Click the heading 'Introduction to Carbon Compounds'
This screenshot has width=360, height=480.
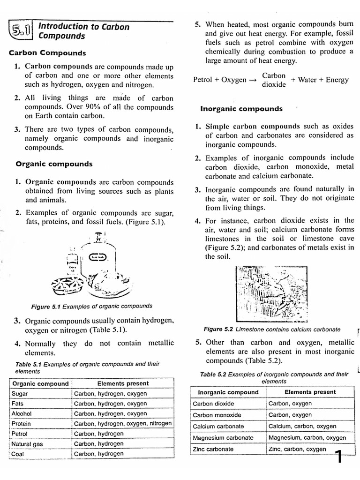tap(83, 31)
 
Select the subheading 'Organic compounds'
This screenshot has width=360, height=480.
tap(54, 164)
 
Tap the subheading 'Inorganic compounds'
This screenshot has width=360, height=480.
tap(241, 109)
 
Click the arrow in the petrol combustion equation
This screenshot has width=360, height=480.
tap(253, 80)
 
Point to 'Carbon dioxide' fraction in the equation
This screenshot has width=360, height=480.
tap(274, 80)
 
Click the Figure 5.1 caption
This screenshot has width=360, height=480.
tap(91, 306)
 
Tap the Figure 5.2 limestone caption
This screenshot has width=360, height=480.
tap(272, 330)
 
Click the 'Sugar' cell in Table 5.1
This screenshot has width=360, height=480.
tap(20, 394)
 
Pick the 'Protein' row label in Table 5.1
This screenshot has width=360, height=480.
tap(22, 424)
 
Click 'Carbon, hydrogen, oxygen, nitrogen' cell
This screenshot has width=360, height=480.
tap(123, 424)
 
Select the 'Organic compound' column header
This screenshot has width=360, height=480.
tap(40, 383)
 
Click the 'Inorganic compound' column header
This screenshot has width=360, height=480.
tap(228, 392)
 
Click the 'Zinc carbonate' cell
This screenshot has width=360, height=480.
tap(213, 449)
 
